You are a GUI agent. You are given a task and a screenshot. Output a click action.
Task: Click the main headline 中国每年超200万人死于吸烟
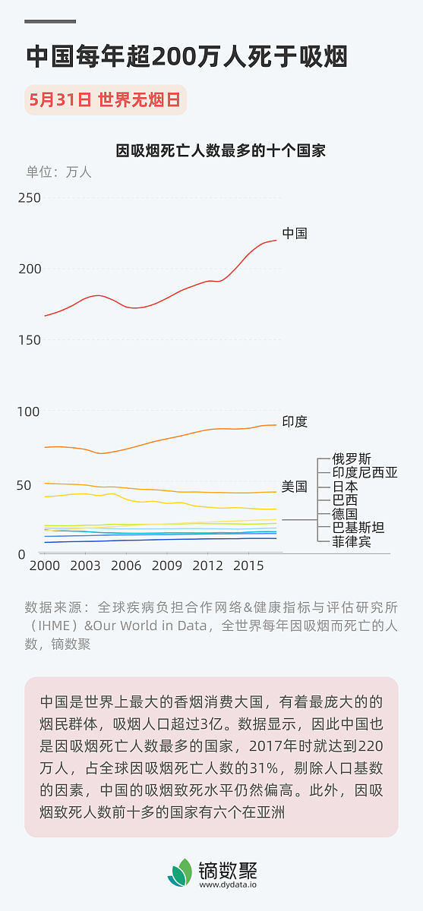(186, 57)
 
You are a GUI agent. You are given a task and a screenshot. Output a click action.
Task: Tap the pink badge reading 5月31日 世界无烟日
(106, 100)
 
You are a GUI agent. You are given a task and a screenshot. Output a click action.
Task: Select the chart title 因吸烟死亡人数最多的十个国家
(220, 150)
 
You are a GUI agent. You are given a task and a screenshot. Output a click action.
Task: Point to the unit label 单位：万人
(58, 172)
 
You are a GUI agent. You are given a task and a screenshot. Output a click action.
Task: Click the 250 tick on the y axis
(30, 197)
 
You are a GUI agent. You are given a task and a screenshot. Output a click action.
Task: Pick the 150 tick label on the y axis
(30, 339)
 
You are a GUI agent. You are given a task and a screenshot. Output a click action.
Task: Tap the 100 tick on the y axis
(30, 411)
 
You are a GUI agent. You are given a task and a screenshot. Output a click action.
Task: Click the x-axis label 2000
(44, 566)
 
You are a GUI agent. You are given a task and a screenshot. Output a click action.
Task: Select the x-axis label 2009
(166, 566)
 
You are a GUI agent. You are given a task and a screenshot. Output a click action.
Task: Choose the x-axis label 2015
(248, 566)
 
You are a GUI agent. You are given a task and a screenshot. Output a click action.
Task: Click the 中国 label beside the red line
(295, 233)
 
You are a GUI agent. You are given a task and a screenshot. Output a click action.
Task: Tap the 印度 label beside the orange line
(295, 421)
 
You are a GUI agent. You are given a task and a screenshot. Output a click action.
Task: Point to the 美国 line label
(295, 487)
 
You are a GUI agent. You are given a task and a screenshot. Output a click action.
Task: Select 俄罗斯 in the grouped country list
(352, 459)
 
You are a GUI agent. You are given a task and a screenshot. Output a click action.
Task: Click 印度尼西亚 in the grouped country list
(365, 472)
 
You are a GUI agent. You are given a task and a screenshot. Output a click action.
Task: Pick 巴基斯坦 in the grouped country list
(358, 528)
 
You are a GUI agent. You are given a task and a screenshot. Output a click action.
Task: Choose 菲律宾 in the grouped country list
(352, 541)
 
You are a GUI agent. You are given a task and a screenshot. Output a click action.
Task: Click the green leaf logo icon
(181, 873)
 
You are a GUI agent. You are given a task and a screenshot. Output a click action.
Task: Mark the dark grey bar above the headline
(51, 21)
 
